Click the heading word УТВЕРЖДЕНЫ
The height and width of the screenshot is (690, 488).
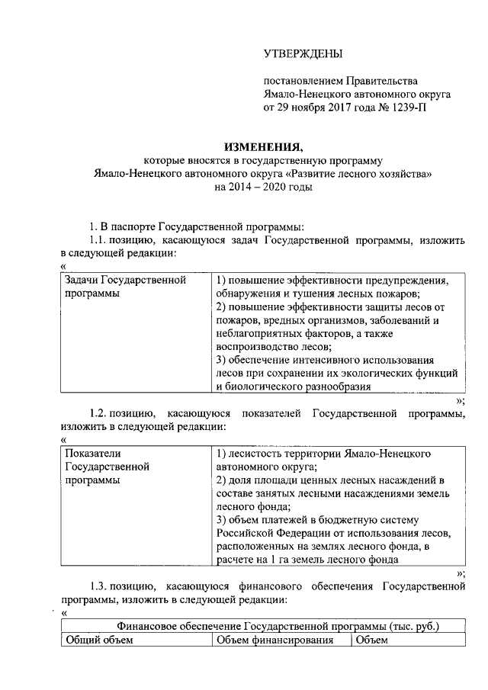303,53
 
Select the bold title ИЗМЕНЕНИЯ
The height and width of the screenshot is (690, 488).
263,146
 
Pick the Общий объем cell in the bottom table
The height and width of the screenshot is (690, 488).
100,640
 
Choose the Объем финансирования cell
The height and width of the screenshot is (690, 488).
275,640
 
